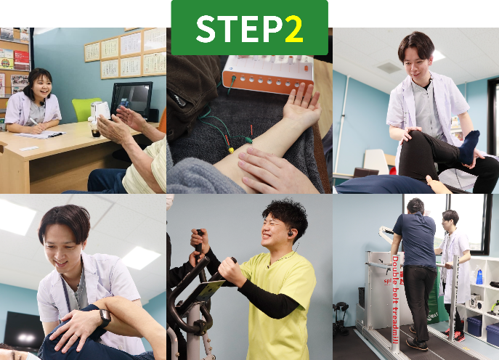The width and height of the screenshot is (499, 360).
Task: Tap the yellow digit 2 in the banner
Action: coord(293,29)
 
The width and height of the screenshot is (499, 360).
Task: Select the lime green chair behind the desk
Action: coord(86,109)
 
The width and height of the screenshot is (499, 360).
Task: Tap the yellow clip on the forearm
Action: coord(232,150)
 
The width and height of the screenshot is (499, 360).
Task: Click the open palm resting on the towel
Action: coord(299,110)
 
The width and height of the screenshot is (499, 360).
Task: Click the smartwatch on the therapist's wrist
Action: coord(105,318)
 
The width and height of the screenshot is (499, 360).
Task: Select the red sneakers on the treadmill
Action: coord(456,335)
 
